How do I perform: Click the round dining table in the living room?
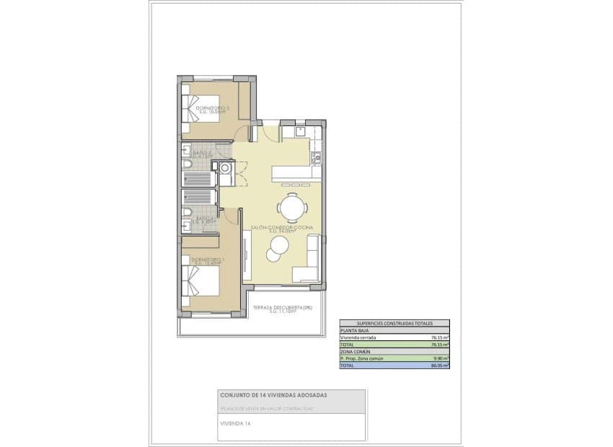pos(293,208)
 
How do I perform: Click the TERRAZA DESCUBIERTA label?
pos(282,309)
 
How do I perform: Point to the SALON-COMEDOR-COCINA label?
pos(283,229)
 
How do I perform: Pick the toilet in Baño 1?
pos(187,212)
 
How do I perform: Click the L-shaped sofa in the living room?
pos(308,263)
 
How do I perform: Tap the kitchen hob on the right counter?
pos(314,156)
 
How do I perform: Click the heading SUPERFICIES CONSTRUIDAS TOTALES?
pos(394,324)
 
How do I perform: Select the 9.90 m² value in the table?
pos(441,358)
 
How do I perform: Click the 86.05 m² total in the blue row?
pos(440,366)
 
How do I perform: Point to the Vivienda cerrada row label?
pos(356,337)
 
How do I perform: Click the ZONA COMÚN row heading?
pos(353,352)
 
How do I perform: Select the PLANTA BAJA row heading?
pos(353,330)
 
